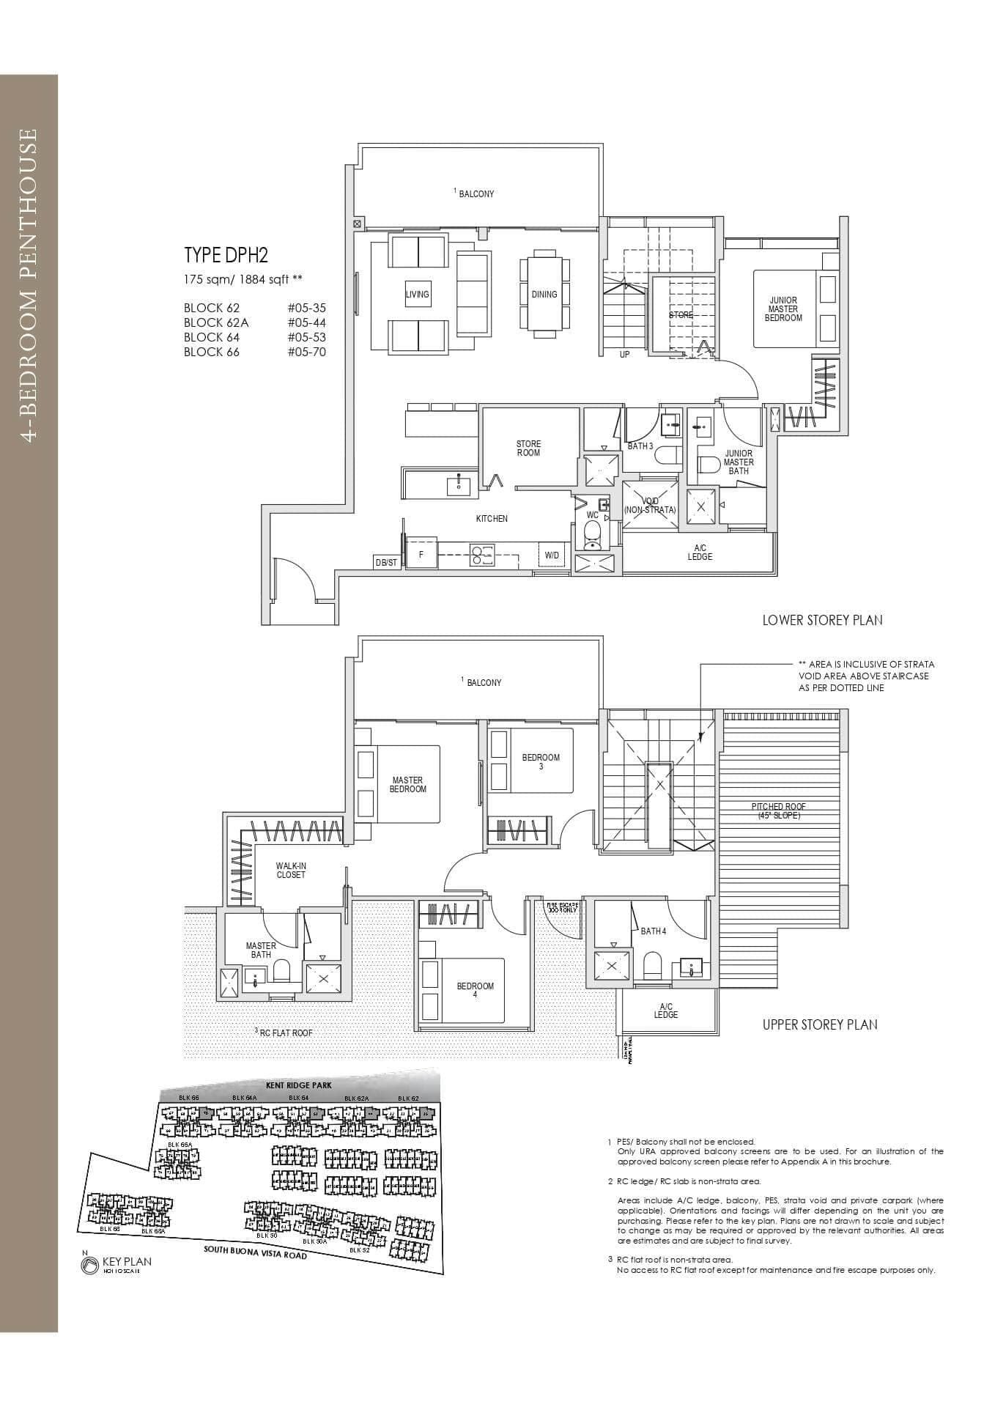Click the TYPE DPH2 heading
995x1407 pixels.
click(226, 255)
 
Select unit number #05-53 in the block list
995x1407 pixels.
click(306, 337)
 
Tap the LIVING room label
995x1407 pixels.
click(418, 295)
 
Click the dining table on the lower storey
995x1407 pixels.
click(544, 294)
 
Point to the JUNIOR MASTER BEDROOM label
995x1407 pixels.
click(783, 309)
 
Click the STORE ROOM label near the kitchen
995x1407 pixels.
click(528, 448)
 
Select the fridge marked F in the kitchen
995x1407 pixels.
click(421, 555)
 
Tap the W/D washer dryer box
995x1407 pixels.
click(552, 555)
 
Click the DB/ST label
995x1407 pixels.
click(386, 563)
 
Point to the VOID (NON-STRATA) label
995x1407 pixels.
click(650, 506)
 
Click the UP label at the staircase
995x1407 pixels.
click(624, 355)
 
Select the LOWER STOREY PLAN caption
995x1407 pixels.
click(822, 620)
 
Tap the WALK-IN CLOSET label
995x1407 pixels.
click(291, 870)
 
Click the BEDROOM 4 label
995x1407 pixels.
click(476, 990)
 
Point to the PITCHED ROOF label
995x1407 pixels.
click(778, 810)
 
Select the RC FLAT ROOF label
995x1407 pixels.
click(284, 1033)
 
